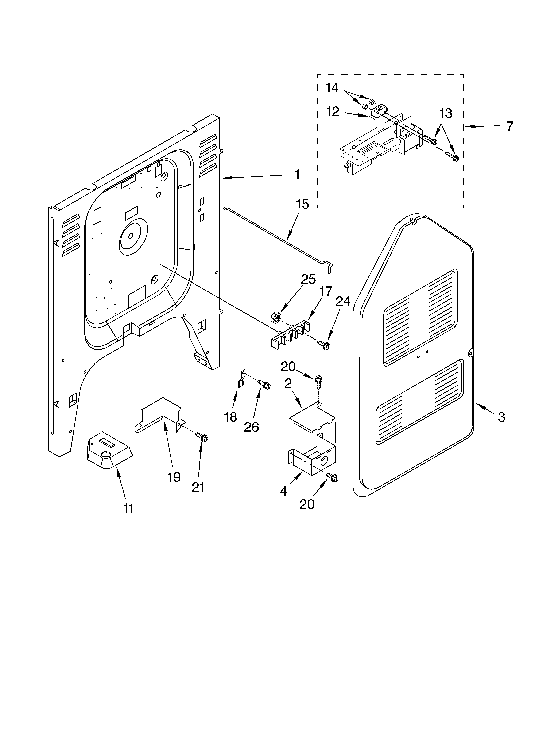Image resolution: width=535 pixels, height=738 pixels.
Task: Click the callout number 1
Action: coord(297,174)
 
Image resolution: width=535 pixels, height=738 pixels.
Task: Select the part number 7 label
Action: coord(509,126)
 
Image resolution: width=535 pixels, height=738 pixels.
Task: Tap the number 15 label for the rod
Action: coord(302,204)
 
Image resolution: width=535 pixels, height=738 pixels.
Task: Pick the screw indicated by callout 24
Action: coord(324,345)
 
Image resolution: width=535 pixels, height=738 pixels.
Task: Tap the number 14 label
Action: coord(332,88)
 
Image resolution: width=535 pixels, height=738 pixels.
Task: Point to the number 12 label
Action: coord(333,112)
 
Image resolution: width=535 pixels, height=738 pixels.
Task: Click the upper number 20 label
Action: coord(288,367)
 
